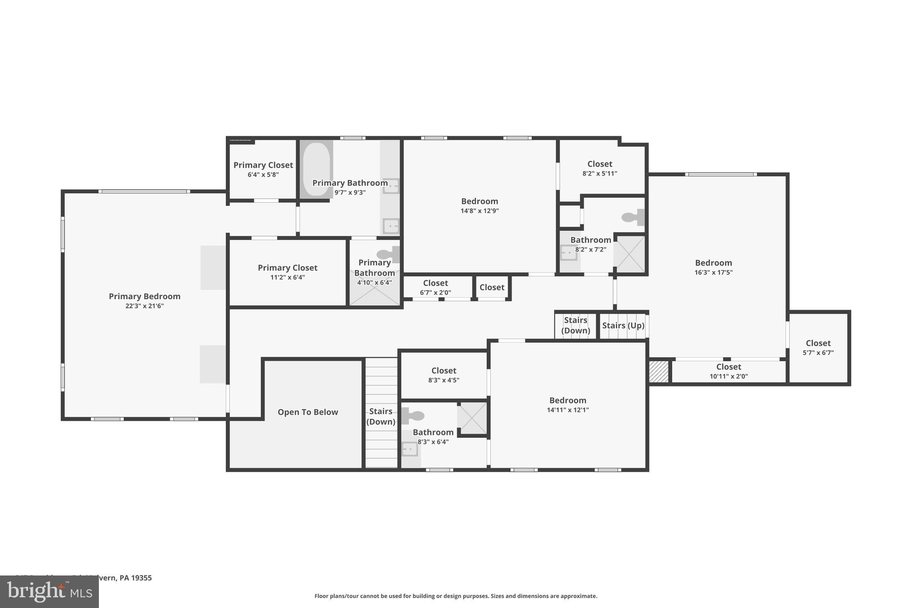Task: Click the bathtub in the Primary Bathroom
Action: coord(316,169)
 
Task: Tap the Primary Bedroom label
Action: coord(144,296)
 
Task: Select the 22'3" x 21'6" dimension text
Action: coord(144,306)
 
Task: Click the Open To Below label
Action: coord(308,412)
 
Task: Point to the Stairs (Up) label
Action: coord(623,325)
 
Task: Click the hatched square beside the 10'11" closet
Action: coord(659,371)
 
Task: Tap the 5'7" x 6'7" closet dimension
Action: coord(818,352)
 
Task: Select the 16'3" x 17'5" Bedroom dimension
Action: coord(713,272)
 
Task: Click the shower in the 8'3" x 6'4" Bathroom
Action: coord(473,418)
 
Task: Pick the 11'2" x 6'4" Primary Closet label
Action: coord(287,268)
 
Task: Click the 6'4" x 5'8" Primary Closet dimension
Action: coord(263,175)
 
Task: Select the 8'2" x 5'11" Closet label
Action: coord(599,164)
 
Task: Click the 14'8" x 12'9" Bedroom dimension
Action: coord(479,211)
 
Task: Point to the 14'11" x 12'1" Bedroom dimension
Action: coord(567,410)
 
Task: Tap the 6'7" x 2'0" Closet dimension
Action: coord(435,293)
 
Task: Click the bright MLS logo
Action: coord(49,592)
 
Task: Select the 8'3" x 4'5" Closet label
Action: coord(444,371)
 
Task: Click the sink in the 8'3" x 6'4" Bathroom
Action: coord(410,449)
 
